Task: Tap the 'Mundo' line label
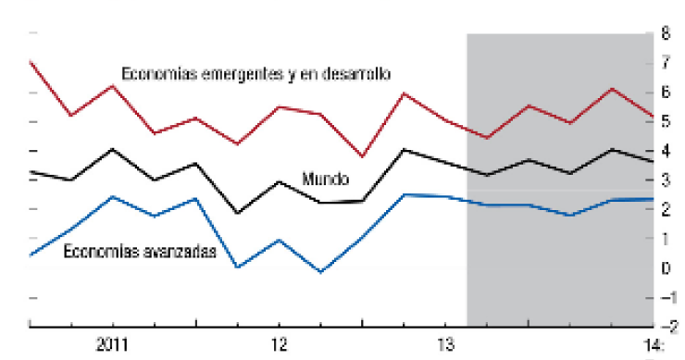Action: click(325, 178)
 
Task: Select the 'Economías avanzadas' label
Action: click(140, 251)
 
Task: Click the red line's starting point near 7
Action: click(31, 62)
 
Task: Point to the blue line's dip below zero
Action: click(320, 272)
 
